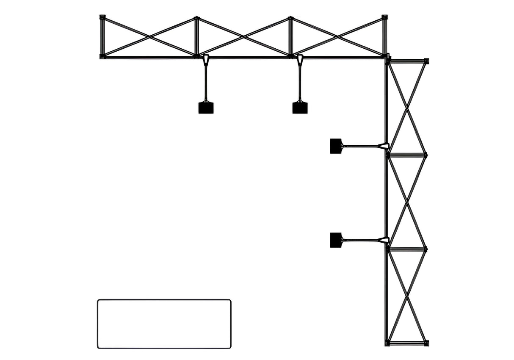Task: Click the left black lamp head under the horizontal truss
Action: tap(206, 108)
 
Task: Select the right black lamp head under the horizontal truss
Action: tap(300, 108)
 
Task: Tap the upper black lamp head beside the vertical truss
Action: tap(336, 146)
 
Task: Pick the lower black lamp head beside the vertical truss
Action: tap(336, 240)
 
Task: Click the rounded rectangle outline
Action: tap(164, 324)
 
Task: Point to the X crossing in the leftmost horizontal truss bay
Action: tap(149, 37)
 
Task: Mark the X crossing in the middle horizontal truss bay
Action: tap(243, 37)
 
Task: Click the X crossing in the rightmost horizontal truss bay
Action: tap(337, 37)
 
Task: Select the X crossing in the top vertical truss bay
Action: tap(407, 107)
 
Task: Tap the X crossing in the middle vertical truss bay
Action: tap(407, 201)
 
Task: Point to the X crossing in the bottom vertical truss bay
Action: tap(407, 295)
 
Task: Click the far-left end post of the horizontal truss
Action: tap(102, 37)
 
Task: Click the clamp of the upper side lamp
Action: tap(384, 146)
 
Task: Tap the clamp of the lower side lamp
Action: tap(384, 240)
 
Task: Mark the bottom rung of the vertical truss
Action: tap(407, 343)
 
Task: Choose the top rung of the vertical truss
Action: tap(407, 61)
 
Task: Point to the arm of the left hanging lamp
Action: tap(206, 83)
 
